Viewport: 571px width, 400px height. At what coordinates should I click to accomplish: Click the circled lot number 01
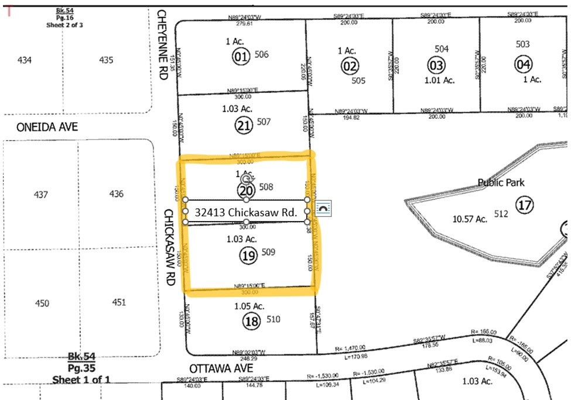pos(240,57)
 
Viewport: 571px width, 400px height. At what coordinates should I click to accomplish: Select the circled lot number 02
pos(350,66)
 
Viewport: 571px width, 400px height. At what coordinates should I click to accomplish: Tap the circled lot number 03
pos(436,65)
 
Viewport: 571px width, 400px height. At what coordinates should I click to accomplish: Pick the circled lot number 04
pos(522,64)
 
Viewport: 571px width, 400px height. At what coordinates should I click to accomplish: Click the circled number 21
pos(243,125)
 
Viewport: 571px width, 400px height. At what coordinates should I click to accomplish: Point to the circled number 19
pos(248,254)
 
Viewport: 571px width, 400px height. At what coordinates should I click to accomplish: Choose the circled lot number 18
pos(252,320)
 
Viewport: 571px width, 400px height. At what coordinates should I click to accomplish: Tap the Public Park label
pos(501,182)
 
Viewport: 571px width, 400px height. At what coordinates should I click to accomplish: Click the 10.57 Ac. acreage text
pos(470,219)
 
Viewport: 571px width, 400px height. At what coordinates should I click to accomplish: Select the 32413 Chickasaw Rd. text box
pos(246,211)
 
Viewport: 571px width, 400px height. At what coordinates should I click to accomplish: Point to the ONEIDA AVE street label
pos(40,127)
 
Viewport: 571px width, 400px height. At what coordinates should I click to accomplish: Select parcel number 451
pos(119,302)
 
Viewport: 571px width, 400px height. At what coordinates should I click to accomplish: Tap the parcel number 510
pos(273,319)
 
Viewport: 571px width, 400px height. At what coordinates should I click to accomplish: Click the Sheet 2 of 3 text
pos(63,25)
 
